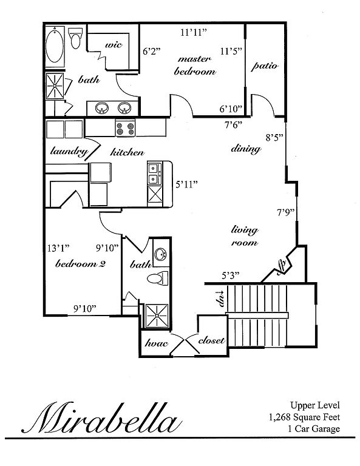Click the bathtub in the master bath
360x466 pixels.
55,46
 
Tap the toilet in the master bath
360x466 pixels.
75,38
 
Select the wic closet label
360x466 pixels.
114,45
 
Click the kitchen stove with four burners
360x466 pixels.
125,128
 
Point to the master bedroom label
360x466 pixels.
195,66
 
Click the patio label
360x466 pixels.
265,66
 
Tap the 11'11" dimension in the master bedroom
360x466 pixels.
194,32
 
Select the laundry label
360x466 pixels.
69,152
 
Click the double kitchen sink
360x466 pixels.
155,174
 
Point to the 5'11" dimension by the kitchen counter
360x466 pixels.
187,184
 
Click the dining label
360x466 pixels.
246,149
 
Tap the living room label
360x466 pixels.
245,236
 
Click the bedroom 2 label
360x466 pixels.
80,263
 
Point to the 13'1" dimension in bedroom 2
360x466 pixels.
58,248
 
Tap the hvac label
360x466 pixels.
157,343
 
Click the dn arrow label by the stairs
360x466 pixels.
220,299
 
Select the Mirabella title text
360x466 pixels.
102,417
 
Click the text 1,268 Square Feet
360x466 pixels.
304,417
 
